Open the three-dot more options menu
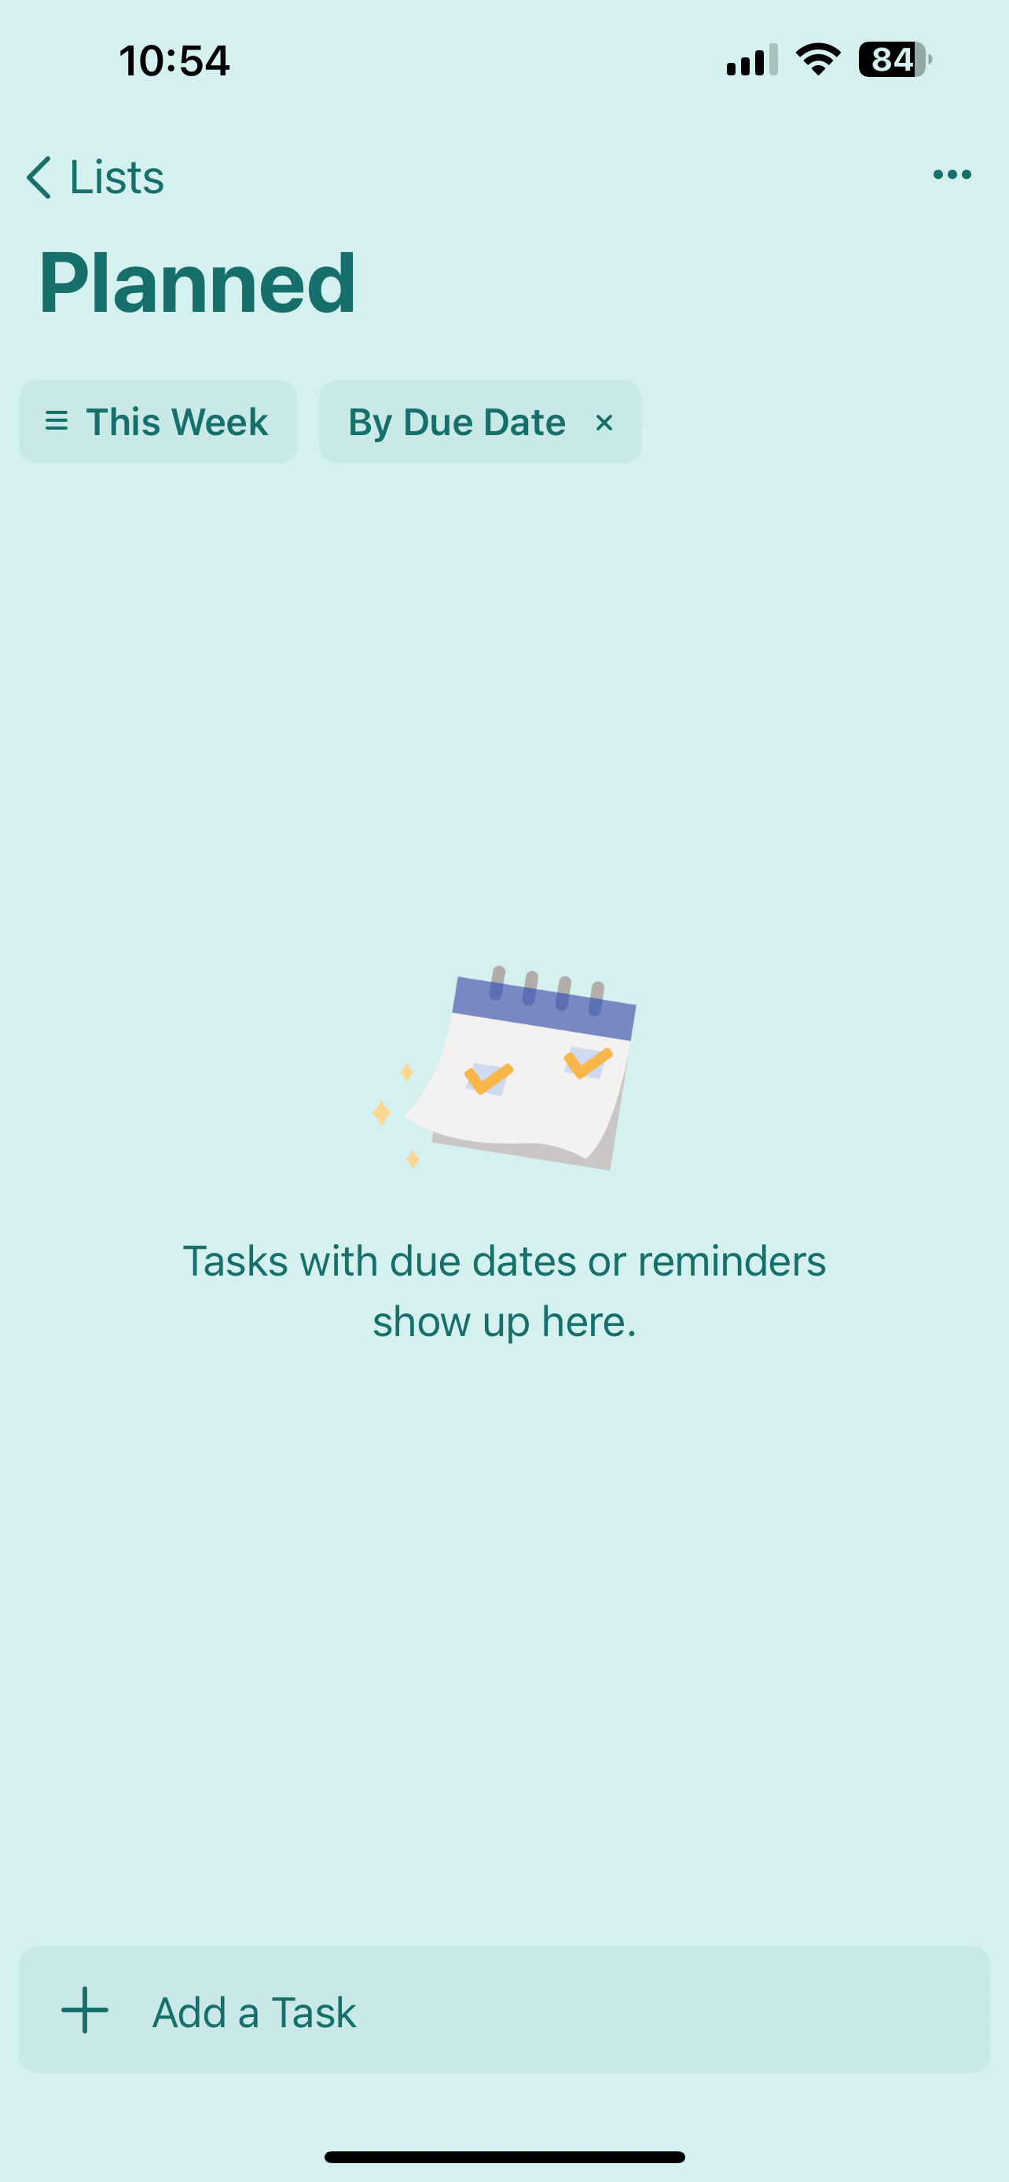click(x=952, y=174)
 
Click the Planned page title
click(x=197, y=284)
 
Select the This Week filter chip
click(x=159, y=422)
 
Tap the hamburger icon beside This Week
click(x=57, y=421)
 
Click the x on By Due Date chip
click(x=604, y=423)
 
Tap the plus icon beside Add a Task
click(x=85, y=2010)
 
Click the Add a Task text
click(x=254, y=2012)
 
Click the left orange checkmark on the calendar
click(x=489, y=1078)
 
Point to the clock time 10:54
click(x=174, y=61)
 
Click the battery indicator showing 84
click(x=894, y=59)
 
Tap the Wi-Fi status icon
click(x=818, y=59)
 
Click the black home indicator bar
click(x=505, y=2157)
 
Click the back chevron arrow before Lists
click(x=39, y=177)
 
